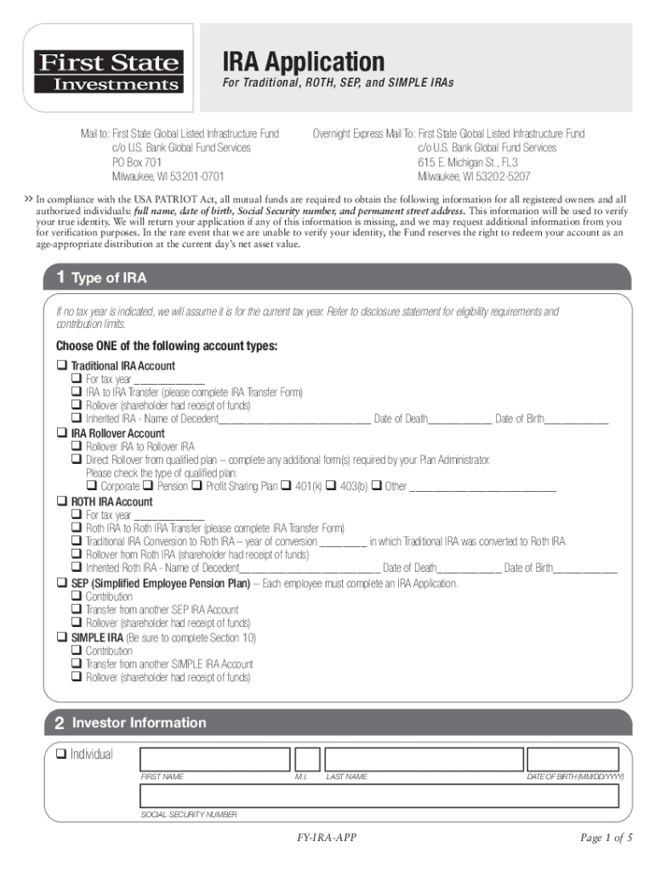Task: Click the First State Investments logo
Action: click(x=107, y=72)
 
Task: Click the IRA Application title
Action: click(x=303, y=62)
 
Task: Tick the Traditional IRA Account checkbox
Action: click(x=61, y=365)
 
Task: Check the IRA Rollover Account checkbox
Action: click(x=61, y=433)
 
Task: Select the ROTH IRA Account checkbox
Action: click(x=61, y=501)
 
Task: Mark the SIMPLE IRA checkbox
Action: click(x=61, y=637)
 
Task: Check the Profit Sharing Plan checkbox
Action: click(x=197, y=487)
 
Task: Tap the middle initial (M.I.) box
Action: click(x=307, y=759)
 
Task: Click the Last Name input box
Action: click(x=422, y=759)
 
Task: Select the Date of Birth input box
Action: click(x=576, y=759)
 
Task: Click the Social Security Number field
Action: click(x=383, y=796)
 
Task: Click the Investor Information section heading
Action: click(x=139, y=723)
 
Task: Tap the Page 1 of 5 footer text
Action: click(x=607, y=839)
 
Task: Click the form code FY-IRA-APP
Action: click(x=327, y=839)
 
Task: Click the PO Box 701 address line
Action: click(x=137, y=161)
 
